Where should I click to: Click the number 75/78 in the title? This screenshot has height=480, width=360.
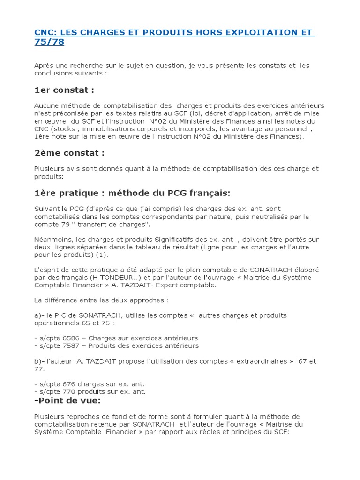(49, 42)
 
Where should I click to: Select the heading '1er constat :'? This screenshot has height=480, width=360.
(64, 90)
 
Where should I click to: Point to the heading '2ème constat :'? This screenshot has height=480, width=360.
(69, 153)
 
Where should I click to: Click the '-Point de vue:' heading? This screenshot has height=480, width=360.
(67, 400)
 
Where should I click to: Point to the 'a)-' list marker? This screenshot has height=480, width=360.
(39, 315)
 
